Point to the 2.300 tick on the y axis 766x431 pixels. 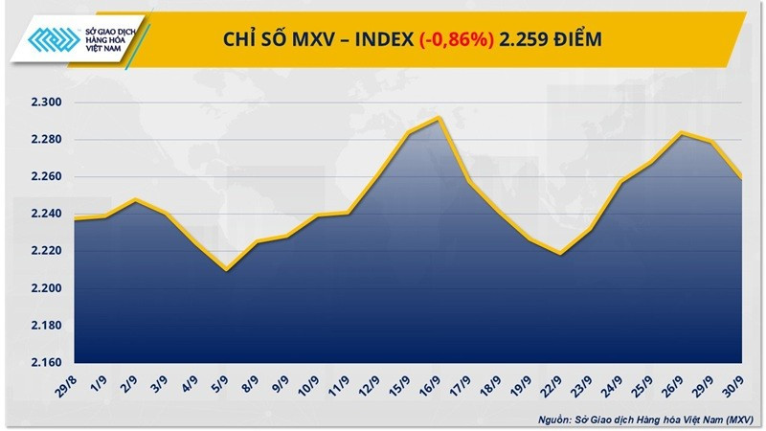tap(45, 102)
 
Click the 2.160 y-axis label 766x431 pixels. tap(45, 363)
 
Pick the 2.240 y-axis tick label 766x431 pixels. tap(45, 215)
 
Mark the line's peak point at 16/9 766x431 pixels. tap(439, 118)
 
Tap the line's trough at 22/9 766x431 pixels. tap(558, 255)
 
